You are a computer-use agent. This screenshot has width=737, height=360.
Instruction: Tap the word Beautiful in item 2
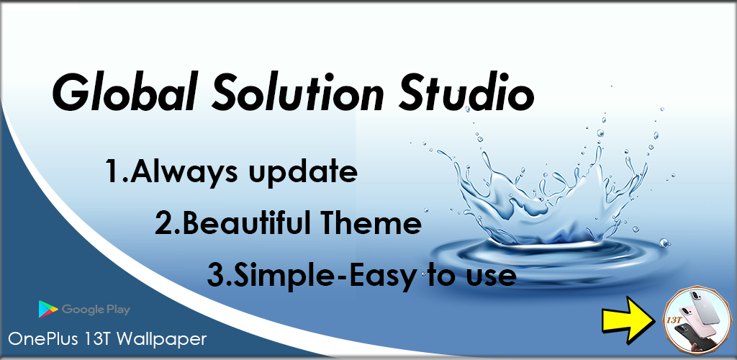tap(244, 225)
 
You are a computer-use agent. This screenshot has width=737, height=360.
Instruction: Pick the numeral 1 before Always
tap(113, 172)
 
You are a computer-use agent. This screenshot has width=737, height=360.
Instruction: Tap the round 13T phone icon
tap(695, 321)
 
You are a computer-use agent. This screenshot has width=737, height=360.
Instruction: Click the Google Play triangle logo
tap(48, 310)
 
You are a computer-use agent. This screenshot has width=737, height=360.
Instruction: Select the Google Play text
tap(96, 310)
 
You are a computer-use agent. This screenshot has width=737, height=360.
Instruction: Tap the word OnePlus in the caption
tap(39, 338)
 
